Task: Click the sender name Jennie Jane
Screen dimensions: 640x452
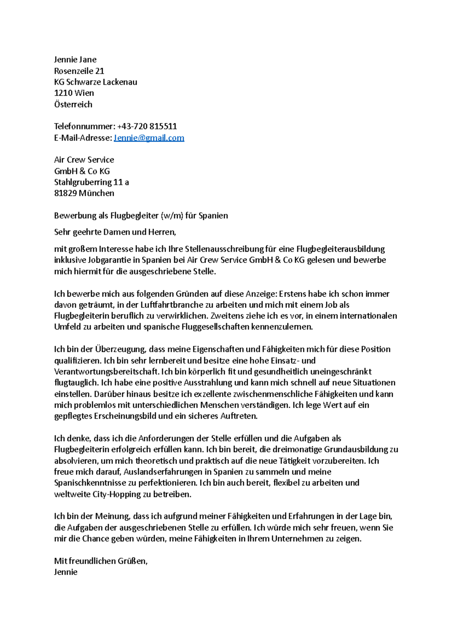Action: click(x=75, y=60)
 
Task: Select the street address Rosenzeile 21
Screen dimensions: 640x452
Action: click(x=79, y=71)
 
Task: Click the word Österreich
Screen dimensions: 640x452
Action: click(x=73, y=104)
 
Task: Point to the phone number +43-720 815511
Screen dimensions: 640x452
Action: click(x=147, y=126)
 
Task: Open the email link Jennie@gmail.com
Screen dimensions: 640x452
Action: click(x=149, y=138)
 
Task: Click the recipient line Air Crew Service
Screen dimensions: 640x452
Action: click(x=84, y=160)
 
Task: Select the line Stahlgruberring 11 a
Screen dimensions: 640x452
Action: click(x=92, y=182)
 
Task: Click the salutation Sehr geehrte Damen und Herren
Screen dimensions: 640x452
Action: click(x=115, y=232)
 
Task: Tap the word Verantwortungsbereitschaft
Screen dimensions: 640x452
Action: click(x=106, y=372)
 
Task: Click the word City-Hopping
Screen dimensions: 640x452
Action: click(x=116, y=494)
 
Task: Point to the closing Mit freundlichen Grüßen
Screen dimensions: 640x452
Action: click(x=101, y=561)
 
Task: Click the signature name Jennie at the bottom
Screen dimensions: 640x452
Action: click(x=66, y=572)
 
